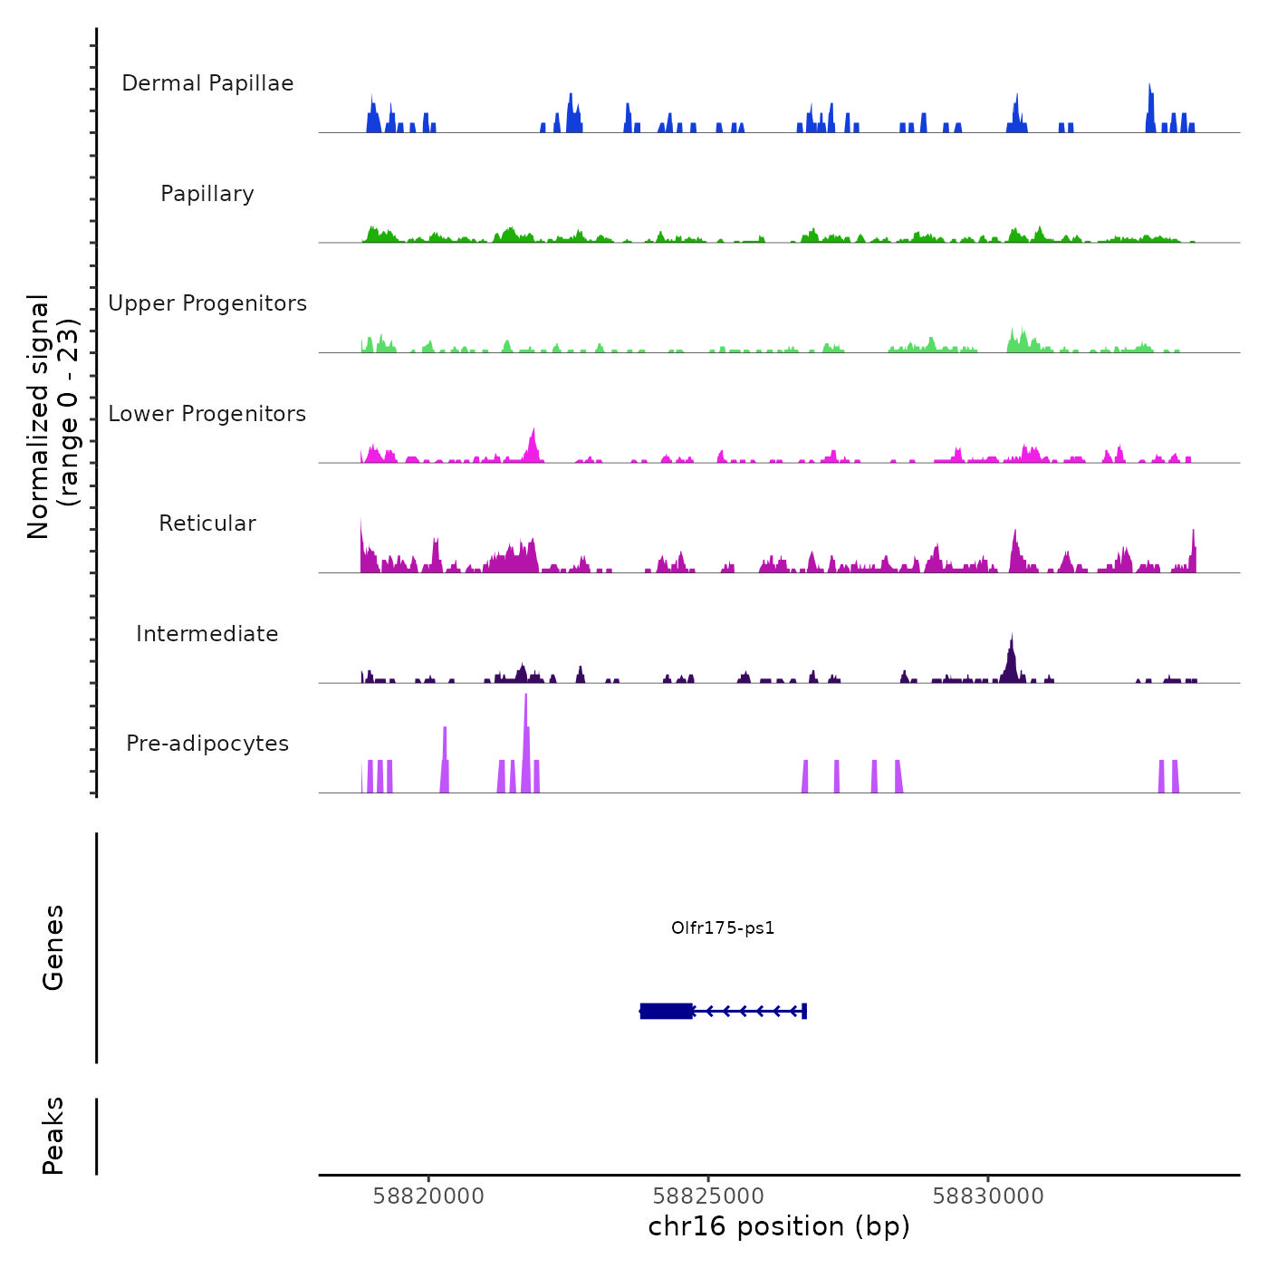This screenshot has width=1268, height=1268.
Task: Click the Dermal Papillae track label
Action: tap(207, 83)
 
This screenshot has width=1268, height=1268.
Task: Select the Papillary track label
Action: tap(207, 194)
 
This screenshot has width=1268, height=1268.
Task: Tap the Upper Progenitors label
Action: tap(207, 303)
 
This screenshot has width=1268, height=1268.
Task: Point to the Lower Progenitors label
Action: tap(207, 414)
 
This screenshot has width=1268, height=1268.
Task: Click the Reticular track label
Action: tap(207, 524)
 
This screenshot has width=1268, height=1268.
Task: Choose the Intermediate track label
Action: tap(207, 634)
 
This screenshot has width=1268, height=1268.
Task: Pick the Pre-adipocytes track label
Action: tap(207, 744)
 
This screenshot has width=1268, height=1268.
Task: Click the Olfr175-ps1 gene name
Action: tap(723, 928)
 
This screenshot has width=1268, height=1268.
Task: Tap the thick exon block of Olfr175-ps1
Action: tap(667, 1011)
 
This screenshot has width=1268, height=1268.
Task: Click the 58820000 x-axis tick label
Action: tap(428, 1196)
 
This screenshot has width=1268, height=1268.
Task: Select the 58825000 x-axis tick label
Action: tap(708, 1196)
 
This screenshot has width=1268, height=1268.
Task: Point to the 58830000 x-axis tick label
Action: tap(988, 1196)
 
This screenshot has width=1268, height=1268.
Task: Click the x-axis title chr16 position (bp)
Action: tap(779, 1227)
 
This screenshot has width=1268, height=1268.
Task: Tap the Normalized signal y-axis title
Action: tap(53, 416)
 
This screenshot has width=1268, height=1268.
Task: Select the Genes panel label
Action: tap(53, 947)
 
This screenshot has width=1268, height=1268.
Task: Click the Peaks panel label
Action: tap(53, 1136)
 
